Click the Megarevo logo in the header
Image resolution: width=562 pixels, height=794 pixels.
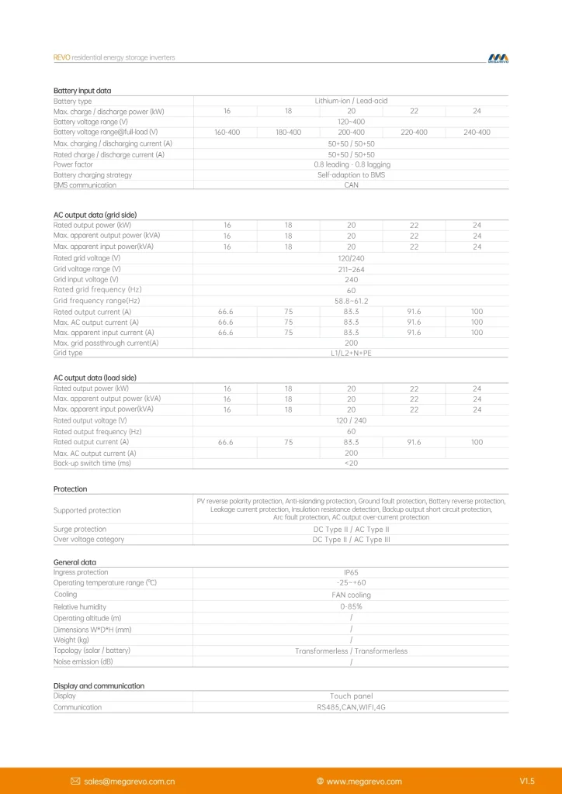[498, 58]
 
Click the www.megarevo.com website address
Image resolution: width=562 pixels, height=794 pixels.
[364, 781]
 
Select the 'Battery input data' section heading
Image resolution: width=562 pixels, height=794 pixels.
[82, 91]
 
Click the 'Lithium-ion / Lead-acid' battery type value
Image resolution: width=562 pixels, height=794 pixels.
[351, 101]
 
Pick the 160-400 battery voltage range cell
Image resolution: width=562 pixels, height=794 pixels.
[227, 133]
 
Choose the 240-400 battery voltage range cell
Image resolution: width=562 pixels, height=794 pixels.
[477, 133]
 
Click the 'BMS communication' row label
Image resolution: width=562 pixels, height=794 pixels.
[85, 185]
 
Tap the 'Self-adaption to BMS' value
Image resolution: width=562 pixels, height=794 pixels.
[351, 175]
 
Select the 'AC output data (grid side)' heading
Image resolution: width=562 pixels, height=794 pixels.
[95, 215]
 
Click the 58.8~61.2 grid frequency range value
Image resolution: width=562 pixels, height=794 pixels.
[351, 301]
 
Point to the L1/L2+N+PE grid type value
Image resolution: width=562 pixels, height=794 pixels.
[351, 353]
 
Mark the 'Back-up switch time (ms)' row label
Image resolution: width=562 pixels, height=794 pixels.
[92, 463]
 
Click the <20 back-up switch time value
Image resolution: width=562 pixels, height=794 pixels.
[351, 463]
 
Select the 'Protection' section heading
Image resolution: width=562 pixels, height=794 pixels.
[70, 489]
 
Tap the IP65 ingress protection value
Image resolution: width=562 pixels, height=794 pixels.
[351, 572]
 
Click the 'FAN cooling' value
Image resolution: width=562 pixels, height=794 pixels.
[351, 595]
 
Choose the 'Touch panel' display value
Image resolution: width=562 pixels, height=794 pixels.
[351, 696]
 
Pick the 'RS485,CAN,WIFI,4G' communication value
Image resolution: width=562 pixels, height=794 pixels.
[351, 707]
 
